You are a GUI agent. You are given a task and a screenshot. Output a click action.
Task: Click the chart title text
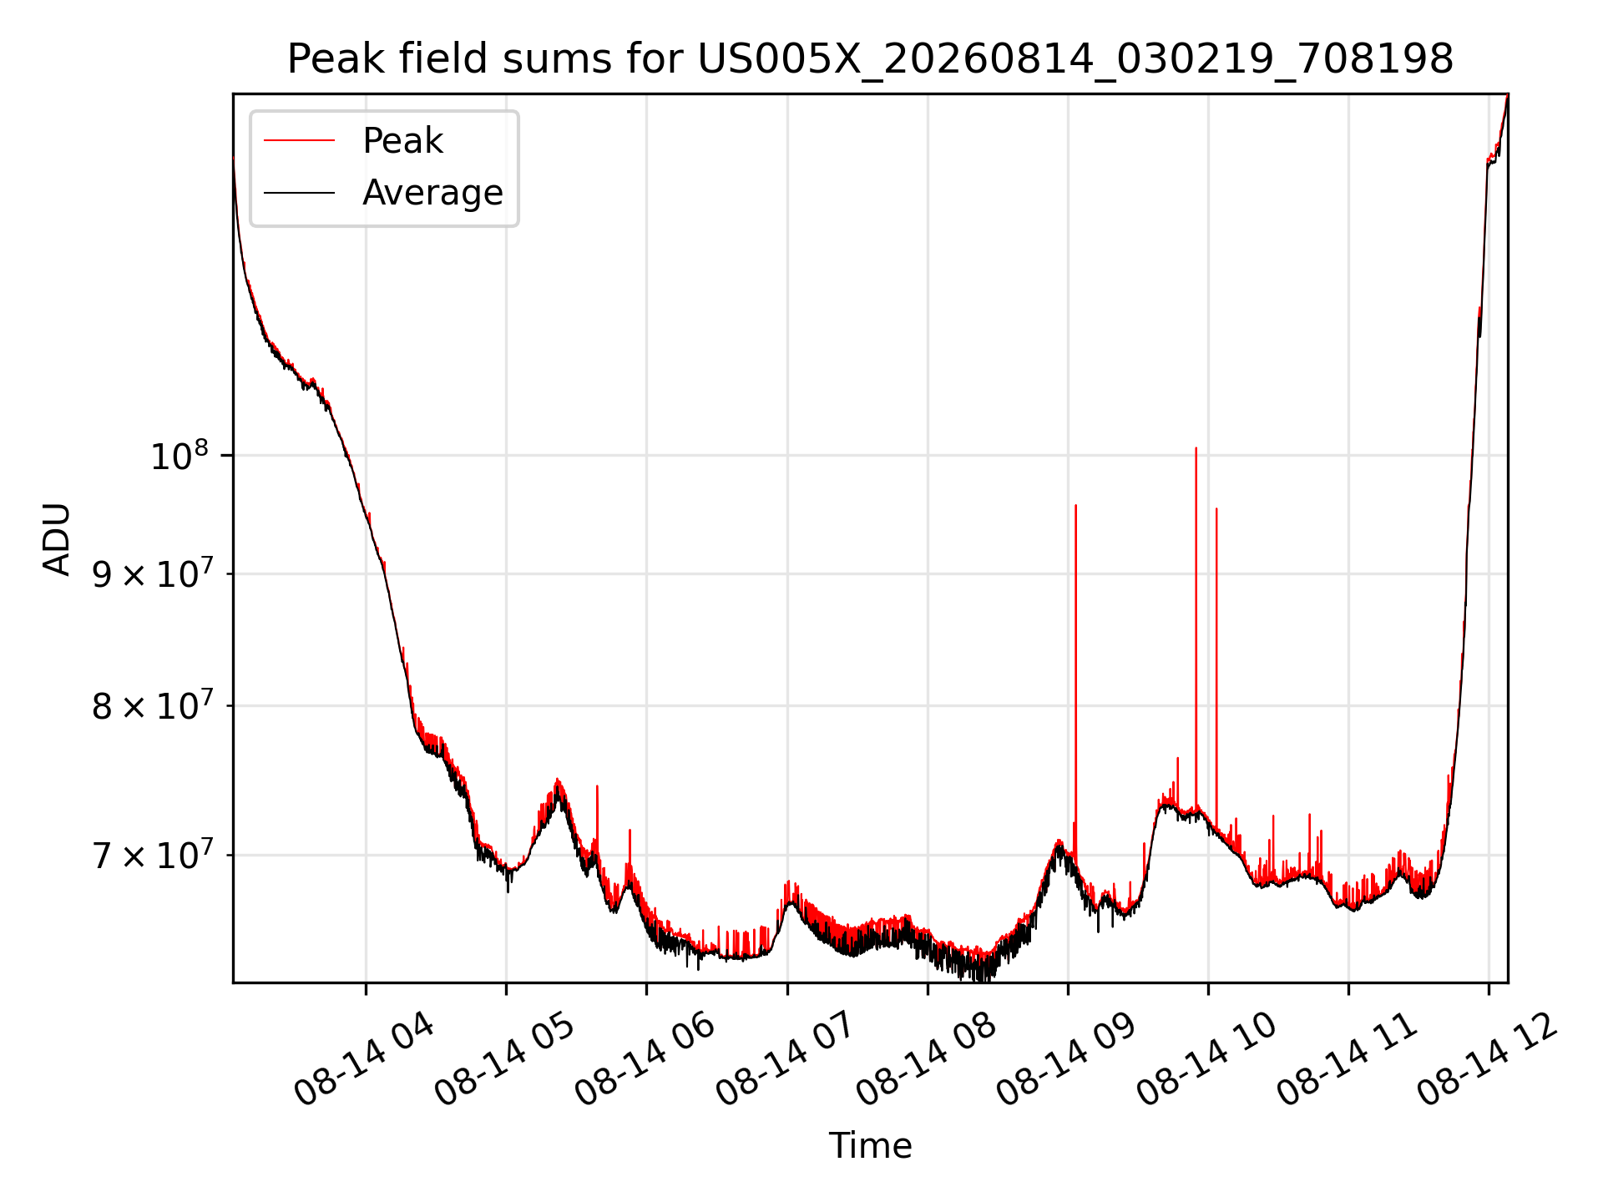point(870,59)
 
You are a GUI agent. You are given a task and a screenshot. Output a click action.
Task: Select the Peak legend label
point(402,141)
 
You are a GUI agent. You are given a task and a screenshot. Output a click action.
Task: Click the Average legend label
point(432,193)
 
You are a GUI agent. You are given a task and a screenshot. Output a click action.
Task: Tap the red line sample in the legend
point(299,141)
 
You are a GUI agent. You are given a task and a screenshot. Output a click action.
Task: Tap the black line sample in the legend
point(299,193)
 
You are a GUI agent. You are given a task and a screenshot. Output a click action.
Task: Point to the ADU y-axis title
point(57,538)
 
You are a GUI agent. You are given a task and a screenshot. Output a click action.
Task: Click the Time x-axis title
point(870,1145)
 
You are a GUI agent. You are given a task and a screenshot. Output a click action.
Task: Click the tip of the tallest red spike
point(1196,448)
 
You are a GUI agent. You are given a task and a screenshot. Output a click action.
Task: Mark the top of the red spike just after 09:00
point(1075,505)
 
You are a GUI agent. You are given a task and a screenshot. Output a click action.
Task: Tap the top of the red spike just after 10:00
point(1216,508)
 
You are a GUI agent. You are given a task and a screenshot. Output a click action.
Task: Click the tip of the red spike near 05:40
point(597,786)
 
